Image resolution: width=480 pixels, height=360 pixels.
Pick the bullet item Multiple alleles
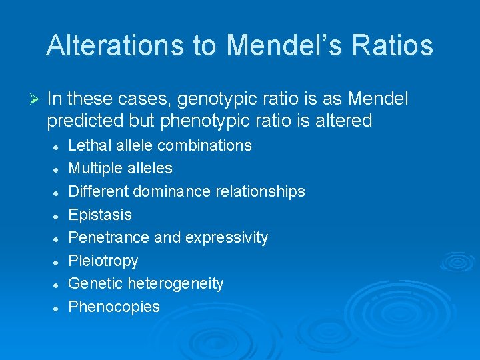point(120,168)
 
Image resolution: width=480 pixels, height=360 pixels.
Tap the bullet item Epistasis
point(100,215)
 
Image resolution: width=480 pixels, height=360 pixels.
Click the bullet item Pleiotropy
point(103,261)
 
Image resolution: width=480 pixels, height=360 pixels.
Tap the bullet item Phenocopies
point(114,307)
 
